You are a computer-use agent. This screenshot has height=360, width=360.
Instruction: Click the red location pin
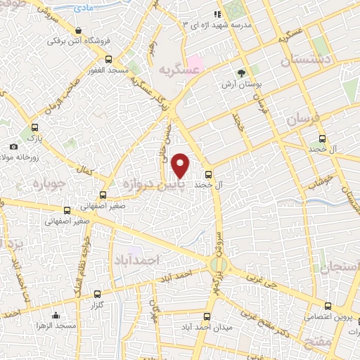pos(181,164)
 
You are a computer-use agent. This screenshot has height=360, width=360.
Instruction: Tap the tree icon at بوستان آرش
pos(242,72)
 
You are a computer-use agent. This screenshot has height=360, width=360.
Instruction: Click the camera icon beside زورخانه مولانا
pos(14,146)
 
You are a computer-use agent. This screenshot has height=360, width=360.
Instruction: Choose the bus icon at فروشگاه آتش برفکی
pos(77,32)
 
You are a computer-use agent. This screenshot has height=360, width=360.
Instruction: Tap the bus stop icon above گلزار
pos(97,294)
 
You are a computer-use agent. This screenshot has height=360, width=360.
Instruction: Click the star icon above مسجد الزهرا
pos(56,315)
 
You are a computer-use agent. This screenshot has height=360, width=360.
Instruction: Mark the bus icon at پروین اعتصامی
pos(328,306)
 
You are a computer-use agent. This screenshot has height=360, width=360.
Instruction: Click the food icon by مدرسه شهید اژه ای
pos(219,13)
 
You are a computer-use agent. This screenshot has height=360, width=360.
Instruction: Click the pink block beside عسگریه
pos(194,65)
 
